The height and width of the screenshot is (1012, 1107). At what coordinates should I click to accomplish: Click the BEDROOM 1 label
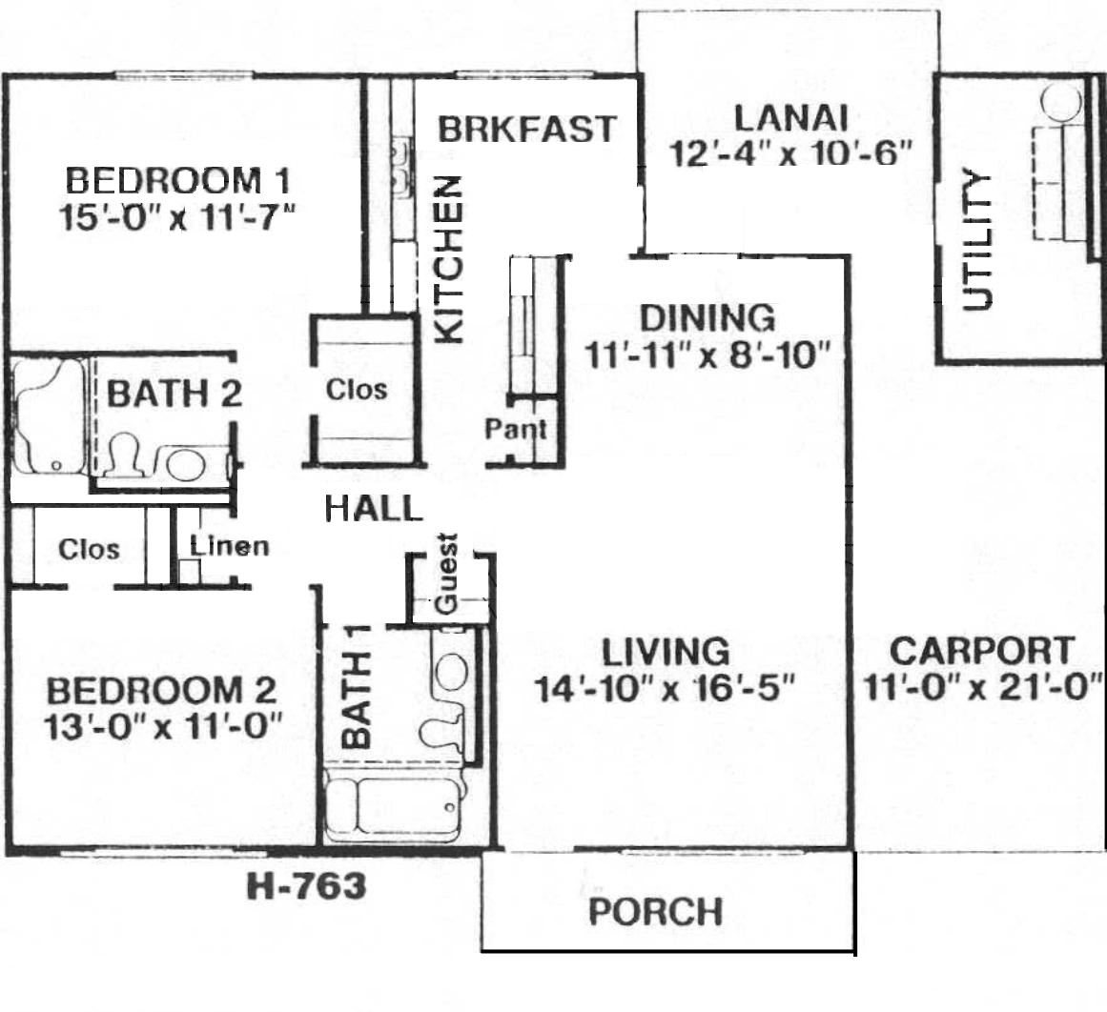(x=178, y=181)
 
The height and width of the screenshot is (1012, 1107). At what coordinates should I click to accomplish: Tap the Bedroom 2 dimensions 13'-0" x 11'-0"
(x=163, y=726)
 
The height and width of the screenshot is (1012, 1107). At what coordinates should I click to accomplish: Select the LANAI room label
(x=791, y=118)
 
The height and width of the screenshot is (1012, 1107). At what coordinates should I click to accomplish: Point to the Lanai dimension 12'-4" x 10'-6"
(x=791, y=152)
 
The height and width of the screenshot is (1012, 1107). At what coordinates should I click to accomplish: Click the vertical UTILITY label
(x=978, y=239)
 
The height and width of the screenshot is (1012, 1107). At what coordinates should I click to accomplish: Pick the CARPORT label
(x=982, y=651)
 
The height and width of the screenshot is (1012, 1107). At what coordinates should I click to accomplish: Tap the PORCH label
(x=656, y=911)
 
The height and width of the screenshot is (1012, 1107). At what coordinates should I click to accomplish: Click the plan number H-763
(x=306, y=886)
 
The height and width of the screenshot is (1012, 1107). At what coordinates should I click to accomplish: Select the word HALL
(x=374, y=508)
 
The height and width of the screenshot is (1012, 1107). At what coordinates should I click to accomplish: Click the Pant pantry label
(x=516, y=429)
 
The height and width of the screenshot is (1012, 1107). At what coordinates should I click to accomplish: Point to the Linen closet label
(x=230, y=545)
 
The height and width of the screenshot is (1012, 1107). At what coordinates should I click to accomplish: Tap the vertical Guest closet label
(x=446, y=573)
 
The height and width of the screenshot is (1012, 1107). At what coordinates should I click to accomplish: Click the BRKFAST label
(x=527, y=130)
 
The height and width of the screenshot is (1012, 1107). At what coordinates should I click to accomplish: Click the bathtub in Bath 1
(x=393, y=806)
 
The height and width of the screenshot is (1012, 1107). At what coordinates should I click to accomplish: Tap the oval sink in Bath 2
(x=186, y=464)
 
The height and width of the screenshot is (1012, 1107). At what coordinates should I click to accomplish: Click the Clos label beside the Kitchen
(x=357, y=389)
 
